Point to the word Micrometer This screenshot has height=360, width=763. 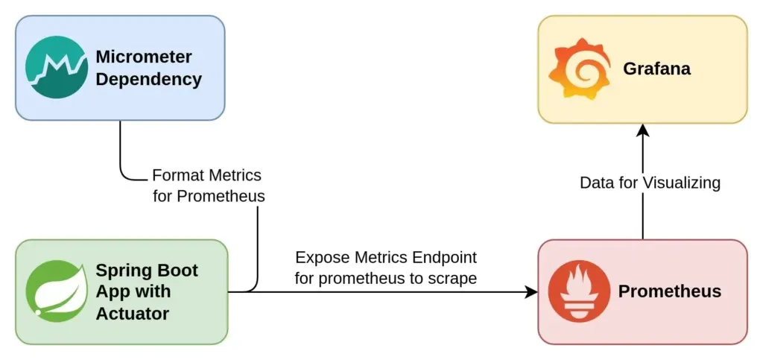(x=143, y=57)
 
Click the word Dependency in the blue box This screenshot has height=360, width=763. (x=148, y=80)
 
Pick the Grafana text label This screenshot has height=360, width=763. (x=656, y=69)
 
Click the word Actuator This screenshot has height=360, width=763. (x=133, y=313)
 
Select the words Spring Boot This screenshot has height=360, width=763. (x=147, y=270)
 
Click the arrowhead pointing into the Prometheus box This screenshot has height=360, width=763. (x=531, y=291)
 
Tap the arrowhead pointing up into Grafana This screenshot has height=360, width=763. (x=643, y=130)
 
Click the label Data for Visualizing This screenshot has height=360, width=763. (x=650, y=183)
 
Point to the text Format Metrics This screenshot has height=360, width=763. (x=206, y=176)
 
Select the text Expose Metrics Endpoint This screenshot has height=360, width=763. (x=386, y=258)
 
